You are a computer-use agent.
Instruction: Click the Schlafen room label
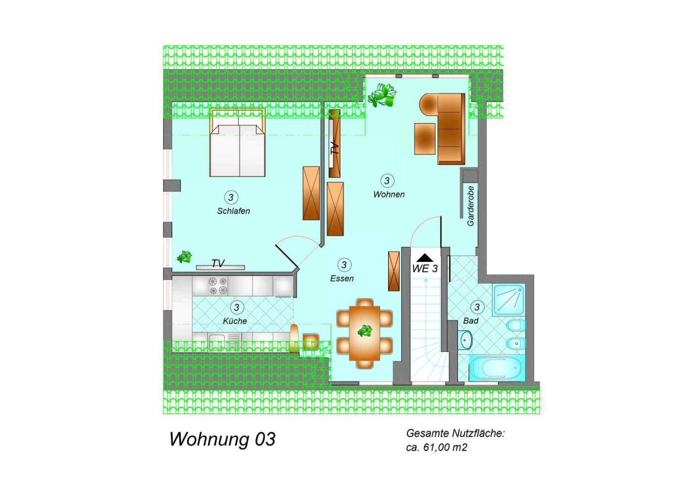(x=233, y=211)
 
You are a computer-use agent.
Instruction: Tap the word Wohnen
(x=389, y=195)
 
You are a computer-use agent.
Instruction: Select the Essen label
(x=342, y=278)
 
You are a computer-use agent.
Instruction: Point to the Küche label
(x=235, y=321)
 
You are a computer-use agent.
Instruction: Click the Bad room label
(x=471, y=321)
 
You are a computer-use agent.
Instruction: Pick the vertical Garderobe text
(x=471, y=206)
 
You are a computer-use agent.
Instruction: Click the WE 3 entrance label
(x=425, y=269)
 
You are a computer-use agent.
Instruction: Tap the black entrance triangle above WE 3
(x=425, y=258)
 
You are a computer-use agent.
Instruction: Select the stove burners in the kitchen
(x=218, y=286)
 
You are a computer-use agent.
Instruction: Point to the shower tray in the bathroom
(x=508, y=300)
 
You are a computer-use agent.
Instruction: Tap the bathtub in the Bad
(x=497, y=368)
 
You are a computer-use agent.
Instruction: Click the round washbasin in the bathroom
(x=465, y=340)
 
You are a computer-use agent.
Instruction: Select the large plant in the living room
(x=382, y=95)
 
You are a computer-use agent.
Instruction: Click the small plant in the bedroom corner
(x=184, y=257)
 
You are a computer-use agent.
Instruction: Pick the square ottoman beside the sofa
(x=425, y=139)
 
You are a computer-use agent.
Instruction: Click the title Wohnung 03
(x=222, y=440)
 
